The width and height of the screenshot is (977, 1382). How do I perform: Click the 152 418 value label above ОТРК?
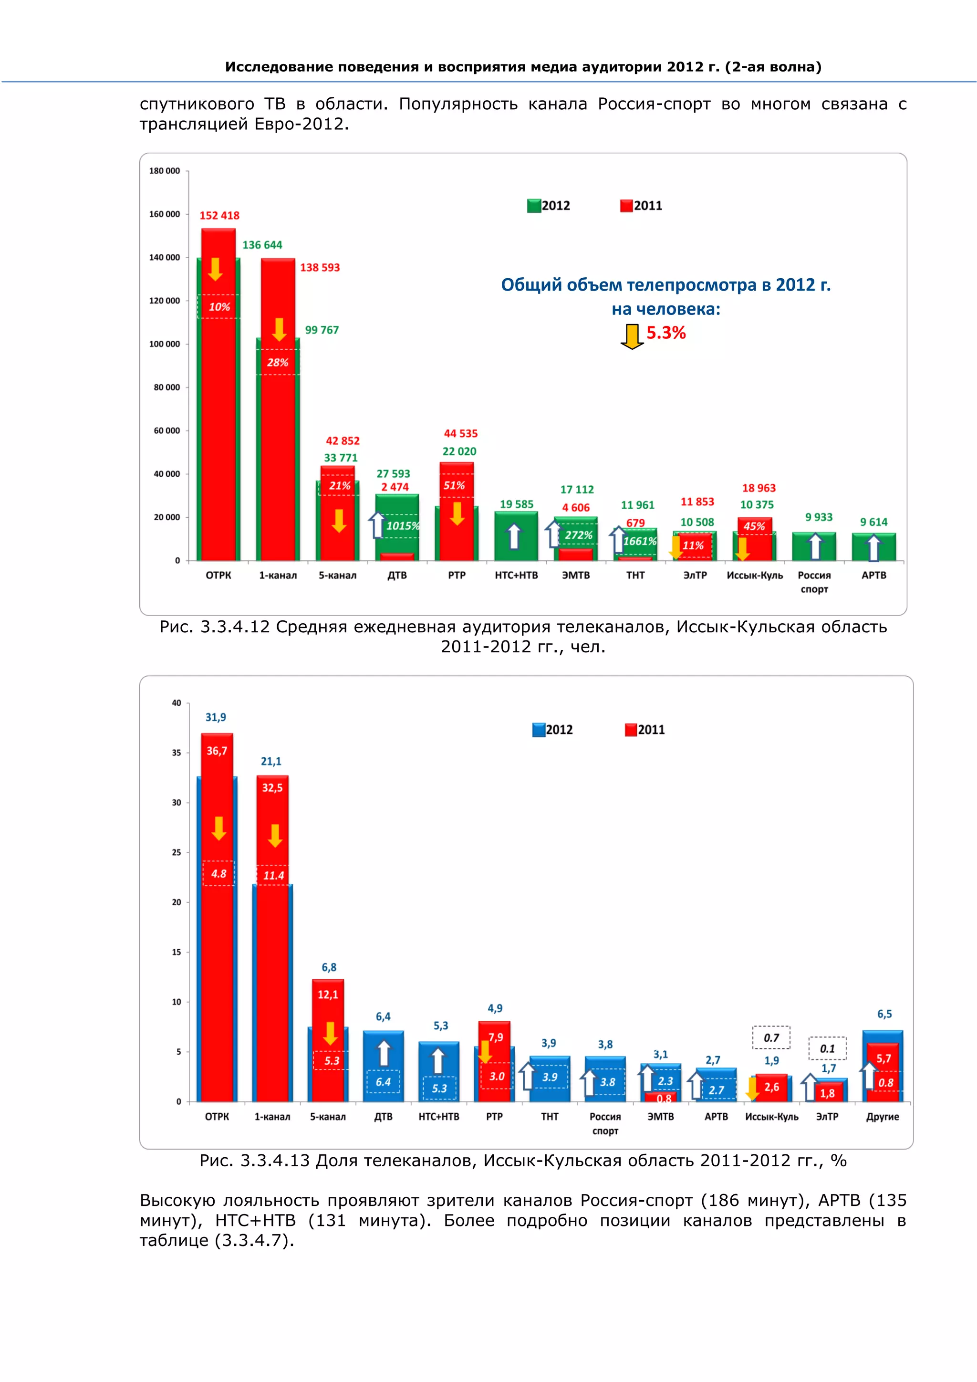(x=219, y=216)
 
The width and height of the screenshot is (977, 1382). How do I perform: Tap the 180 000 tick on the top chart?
(x=164, y=171)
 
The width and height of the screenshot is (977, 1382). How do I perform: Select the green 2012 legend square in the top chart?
(x=534, y=206)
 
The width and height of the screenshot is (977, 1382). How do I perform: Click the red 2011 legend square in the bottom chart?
(x=631, y=730)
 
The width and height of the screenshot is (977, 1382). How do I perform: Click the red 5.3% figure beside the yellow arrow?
(x=666, y=333)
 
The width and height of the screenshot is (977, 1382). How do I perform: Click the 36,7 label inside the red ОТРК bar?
(x=217, y=751)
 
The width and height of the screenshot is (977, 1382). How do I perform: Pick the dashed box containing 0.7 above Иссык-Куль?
(x=771, y=1037)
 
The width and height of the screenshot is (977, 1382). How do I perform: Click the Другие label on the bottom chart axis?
(x=882, y=1117)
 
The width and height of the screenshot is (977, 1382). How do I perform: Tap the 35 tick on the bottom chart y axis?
(x=176, y=753)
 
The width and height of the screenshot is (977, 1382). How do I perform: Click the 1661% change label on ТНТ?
(x=640, y=541)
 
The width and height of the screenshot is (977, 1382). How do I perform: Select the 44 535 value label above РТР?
(x=460, y=433)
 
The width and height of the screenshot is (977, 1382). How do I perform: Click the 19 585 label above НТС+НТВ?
(x=516, y=504)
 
